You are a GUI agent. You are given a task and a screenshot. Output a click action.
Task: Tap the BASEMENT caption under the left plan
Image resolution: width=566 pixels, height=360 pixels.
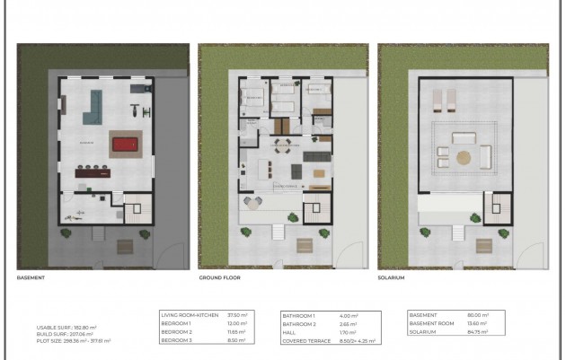(x=31, y=278)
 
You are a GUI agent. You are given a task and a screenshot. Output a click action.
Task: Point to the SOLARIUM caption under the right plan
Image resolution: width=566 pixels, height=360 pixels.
(x=391, y=278)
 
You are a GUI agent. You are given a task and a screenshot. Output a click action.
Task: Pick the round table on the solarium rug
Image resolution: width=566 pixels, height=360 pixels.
(x=463, y=158)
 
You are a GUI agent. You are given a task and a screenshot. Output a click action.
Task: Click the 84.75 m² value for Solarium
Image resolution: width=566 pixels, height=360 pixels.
(x=477, y=332)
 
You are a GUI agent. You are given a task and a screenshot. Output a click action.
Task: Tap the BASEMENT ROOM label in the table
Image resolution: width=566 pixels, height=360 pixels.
(x=430, y=323)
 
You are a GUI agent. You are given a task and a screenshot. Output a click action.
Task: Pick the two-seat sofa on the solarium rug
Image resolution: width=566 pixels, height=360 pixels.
(x=464, y=137)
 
